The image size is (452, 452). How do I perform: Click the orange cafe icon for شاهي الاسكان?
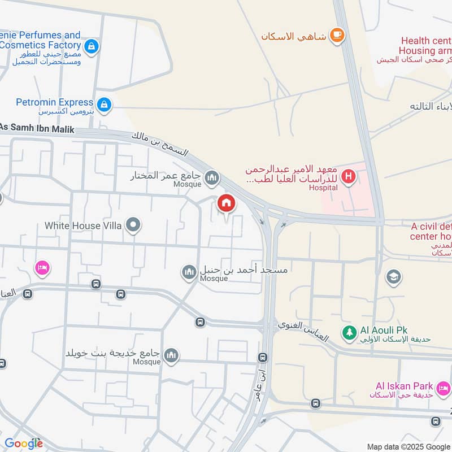click(x=337, y=35)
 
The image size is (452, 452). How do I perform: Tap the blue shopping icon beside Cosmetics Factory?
click(x=91, y=46)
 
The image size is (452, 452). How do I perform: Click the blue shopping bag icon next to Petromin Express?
click(x=104, y=105)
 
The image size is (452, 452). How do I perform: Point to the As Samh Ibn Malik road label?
click(x=37, y=128)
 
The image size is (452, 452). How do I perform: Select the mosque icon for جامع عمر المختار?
click(x=212, y=179)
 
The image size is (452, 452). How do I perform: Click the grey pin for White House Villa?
click(x=133, y=226)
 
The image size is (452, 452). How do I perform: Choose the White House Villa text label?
click(x=82, y=226)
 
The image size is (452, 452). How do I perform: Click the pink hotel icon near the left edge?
click(x=41, y=267)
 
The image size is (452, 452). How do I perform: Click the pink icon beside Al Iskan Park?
click(x=444, y=388)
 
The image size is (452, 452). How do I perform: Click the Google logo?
click(x=24, y=444)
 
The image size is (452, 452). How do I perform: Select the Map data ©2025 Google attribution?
click(x=408, y=446)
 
